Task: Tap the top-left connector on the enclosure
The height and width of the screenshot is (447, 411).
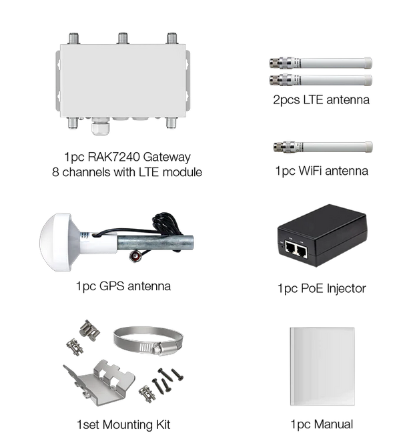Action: (71, 38)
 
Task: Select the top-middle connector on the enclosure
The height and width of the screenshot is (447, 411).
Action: (122, 38)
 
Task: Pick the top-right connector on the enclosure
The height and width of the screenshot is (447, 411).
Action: (172, 38)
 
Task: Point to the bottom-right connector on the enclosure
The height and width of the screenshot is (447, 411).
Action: (171, 123)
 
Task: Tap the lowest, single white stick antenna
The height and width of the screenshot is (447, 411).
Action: (336, 146)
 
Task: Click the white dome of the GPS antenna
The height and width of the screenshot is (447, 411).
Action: (59, 237)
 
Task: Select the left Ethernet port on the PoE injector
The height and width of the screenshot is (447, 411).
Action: (291, 250)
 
